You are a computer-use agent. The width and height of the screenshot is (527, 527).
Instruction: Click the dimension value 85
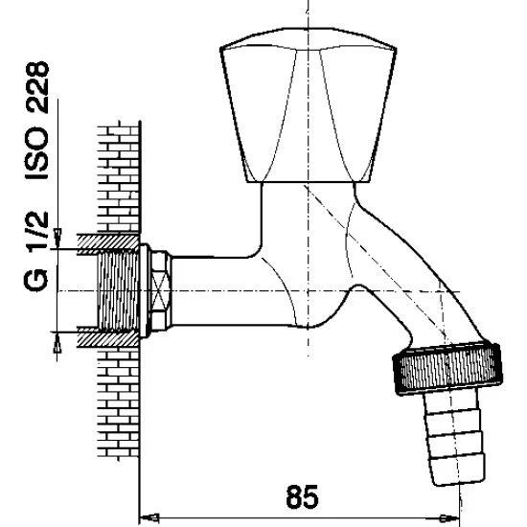(302, 497)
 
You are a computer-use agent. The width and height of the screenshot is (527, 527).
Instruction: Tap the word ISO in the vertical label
(37, 153)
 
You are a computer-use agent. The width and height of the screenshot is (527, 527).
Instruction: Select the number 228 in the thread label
(37, 86)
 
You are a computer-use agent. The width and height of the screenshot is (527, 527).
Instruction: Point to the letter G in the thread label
(36, 281)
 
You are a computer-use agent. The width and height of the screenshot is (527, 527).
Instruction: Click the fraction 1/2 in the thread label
(37, 232)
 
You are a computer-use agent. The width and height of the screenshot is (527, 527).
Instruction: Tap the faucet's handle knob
(309, 105)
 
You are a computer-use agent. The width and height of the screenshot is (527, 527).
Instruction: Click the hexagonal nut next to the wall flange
(161, 291)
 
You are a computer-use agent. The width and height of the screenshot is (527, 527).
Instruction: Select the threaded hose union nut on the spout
(448, 368)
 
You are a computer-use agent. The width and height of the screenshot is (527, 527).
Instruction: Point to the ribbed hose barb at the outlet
(454, 437)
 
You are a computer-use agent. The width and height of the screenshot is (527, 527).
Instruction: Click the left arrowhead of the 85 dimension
(149, 516)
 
